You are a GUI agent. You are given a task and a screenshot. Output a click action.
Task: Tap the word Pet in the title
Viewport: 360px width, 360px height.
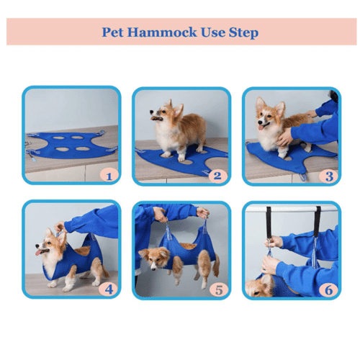[x=112, y=32]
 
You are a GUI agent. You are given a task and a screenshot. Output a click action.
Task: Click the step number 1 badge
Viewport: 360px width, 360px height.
[x=109, y=175]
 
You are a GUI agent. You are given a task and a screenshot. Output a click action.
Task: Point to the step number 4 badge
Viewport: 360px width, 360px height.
[x=109, y=289]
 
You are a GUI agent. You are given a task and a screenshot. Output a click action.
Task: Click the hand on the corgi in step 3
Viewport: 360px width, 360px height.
[x=285, y=135]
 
